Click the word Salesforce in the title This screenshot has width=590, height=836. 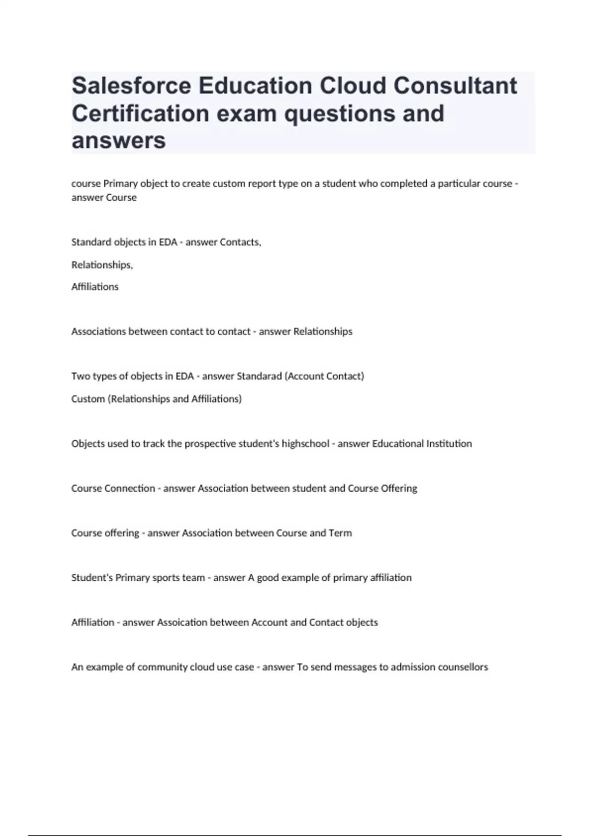coord(131,86)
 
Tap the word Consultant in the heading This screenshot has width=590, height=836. coord(455,86)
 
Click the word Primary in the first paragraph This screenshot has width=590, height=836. coord(120,183)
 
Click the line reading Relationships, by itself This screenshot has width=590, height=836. coord(102,265)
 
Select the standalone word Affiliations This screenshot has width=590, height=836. coord(95,287)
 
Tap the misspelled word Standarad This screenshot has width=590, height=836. coord(259,376)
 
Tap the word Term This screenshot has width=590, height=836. coord(340,533)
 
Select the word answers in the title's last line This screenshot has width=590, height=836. coord(118,141)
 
